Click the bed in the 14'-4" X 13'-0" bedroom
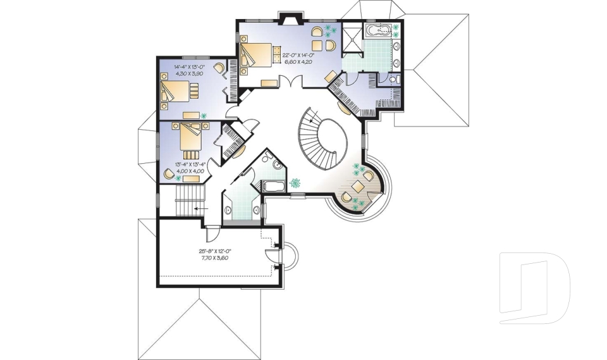pos(178,93)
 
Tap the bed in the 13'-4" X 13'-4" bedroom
pos(190,139)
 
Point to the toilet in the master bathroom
pos(393,80)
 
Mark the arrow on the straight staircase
pos(200,207)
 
